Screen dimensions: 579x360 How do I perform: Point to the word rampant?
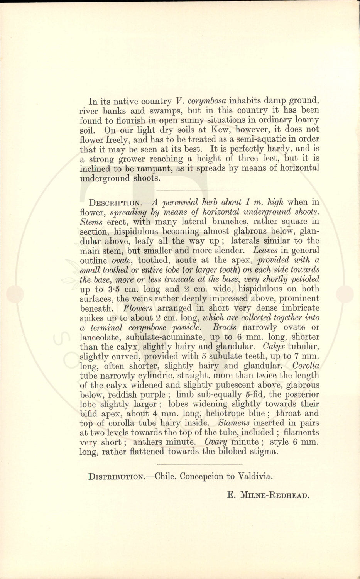point(147,168)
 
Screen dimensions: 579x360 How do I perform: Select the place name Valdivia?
point(255,476)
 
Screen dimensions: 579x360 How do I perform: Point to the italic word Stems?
point(91,222)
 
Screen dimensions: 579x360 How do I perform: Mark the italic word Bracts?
point(224,327)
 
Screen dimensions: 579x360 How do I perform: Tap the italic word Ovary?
point(216,442)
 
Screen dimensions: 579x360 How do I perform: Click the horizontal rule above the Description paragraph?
point(199,190)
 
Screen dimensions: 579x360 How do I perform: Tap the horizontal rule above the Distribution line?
point(199,464)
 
